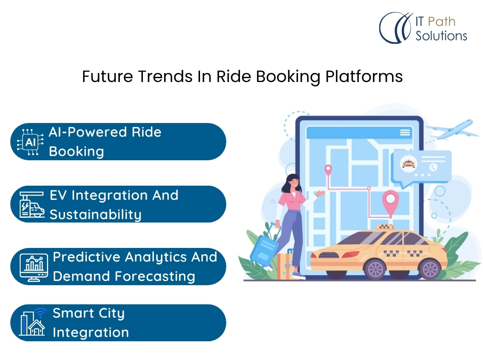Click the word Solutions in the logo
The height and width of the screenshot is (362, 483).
pyautogui.click(x=441, y=36)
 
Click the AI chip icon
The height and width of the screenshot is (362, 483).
pyautogui.click(x=30, y=142)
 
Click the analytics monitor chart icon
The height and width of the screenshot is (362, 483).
pyautogui.click(x=33, y=267)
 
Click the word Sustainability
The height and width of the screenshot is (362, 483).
pyautogui.click(x=95, y=214)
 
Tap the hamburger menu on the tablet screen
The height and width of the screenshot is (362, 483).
pyautogui.click(x=405, y=132)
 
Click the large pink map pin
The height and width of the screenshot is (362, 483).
pyautogui.click(x=390, y=202)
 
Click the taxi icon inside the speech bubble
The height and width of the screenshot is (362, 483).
pyautogui.click(x=408, y=164)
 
